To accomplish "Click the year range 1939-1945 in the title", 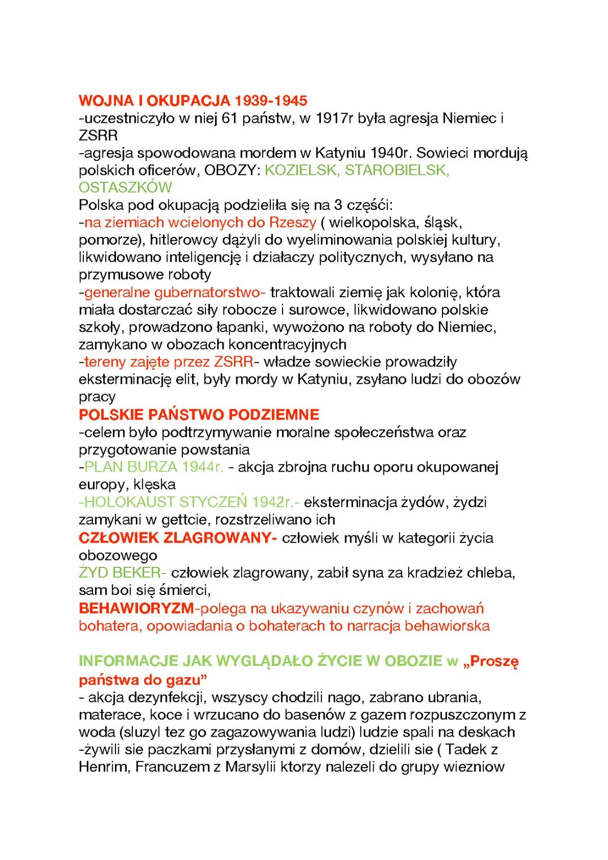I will (x=271, y=101).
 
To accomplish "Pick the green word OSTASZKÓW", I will (x=125, y=187).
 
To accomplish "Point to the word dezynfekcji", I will (x=162, y=698).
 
